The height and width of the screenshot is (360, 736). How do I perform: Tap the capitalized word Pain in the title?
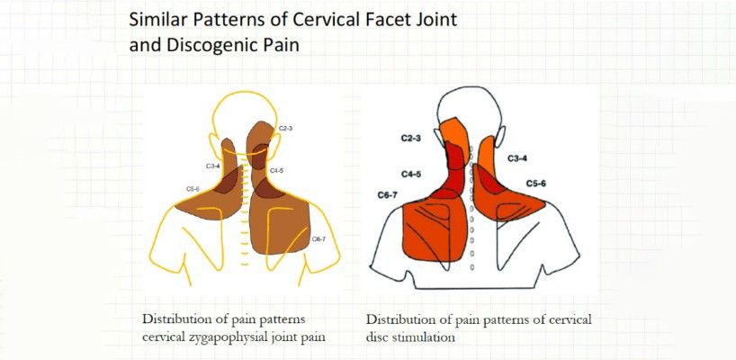[276, 46]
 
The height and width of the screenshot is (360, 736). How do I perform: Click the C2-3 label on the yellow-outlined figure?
[286, 128]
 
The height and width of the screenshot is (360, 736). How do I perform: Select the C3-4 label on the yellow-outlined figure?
[212, 166]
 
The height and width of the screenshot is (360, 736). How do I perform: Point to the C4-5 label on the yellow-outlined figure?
[276, 170]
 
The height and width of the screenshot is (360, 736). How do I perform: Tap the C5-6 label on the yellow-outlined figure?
[193, 189]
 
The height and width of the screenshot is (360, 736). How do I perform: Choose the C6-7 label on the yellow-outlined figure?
[319, 239]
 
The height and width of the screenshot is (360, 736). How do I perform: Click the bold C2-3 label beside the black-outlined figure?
[410, 139]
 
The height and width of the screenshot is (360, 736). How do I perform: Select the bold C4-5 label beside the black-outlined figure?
[410, 175]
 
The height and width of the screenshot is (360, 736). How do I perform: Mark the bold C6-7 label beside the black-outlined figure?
[388, 195]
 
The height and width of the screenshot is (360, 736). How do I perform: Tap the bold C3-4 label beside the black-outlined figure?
[517, 158]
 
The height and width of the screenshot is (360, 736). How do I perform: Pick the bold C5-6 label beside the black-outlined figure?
[535, 184]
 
